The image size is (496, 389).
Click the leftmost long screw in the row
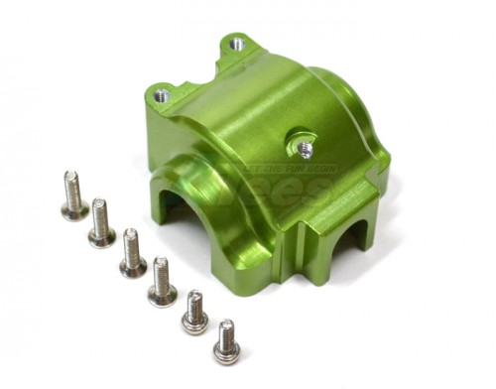pyautogui.click(x=73, y=195)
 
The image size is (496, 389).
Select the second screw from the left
pyautogui.click(x=100, y=223)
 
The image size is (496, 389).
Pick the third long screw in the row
pyautogui.click(x=132, y=253)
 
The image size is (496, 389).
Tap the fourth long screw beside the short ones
pyautogui.click(x=161, y=282)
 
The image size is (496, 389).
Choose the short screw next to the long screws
pyautogui.click(x=194, y=311)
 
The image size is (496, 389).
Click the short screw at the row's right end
pyautogui.click(x=226, y=339)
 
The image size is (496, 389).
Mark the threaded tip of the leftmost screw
pyautogui.click(x=70, y=178)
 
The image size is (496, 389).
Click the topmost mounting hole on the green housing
pyautogui.click(x=237, y=44)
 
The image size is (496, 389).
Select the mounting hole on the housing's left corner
pyautogui.click(x=162, y=95)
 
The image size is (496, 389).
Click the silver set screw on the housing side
pyautogui.click(x=305, y=149)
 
